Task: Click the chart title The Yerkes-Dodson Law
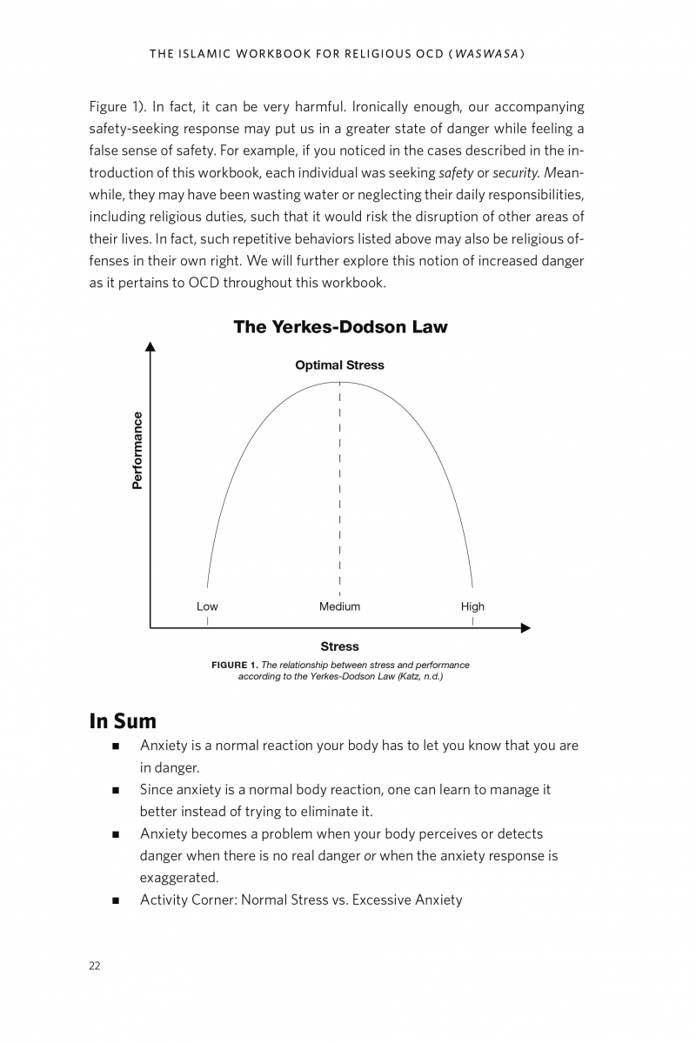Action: (340, 328)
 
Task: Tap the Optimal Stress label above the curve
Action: (339, 365)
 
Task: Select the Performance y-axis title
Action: (137, 450)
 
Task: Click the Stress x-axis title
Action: (339, 646)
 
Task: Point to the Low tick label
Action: (207, 606)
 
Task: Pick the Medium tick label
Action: (339, 606)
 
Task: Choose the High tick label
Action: (472, 606)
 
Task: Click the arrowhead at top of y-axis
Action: (151, 346)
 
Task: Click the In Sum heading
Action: (123, 721)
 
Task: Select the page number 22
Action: (94, 966)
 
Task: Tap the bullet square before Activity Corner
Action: (116, 900)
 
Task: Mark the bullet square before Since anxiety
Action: (116, 791)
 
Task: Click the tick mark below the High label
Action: (472, 621)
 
